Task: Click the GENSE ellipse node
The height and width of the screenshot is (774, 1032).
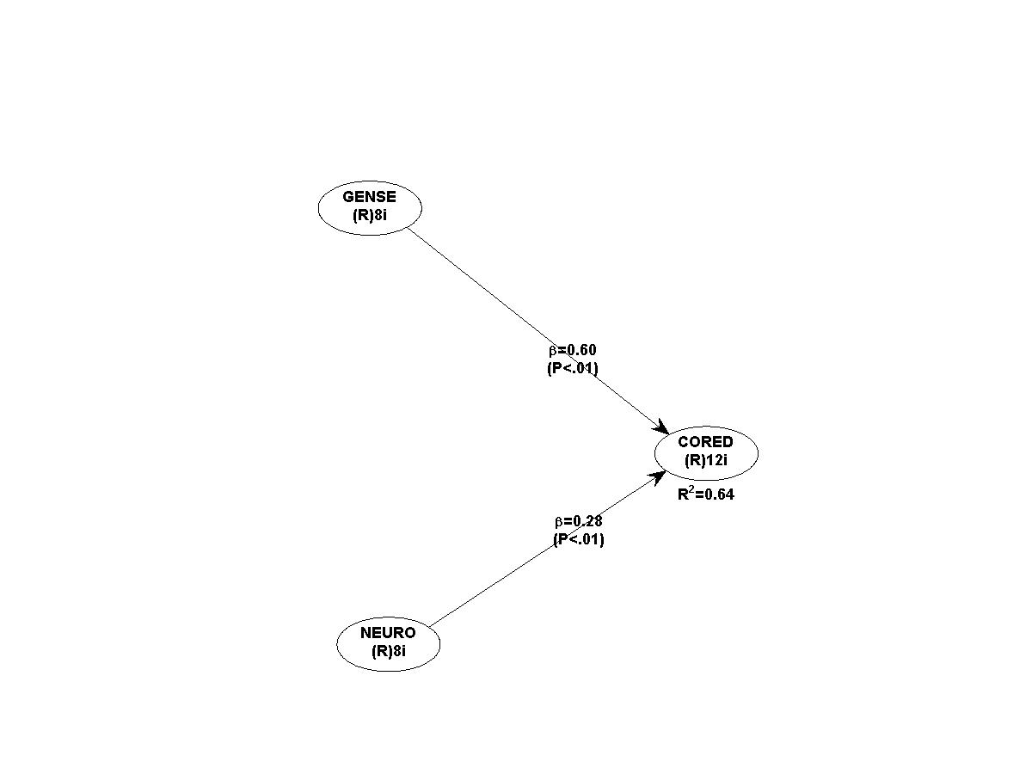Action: coord(370,207)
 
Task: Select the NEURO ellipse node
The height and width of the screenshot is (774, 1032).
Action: coord(388,642)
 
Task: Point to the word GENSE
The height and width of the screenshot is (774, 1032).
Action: coord(370,197)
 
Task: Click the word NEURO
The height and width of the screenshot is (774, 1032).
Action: coord(388,633)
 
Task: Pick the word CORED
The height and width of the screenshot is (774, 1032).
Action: coord(705,442)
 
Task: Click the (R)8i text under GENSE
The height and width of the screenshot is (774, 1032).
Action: coord(370,215)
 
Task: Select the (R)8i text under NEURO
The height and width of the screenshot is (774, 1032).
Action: coord(388,651)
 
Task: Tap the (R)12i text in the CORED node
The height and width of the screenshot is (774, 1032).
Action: coord(706,460)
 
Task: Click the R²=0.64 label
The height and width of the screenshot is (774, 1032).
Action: coord(705,494)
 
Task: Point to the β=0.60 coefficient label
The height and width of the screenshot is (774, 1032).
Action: coord(573,350)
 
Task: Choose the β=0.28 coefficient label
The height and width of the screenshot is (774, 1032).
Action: coord(578,521)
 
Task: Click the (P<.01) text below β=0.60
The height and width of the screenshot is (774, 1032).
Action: coord(573,368)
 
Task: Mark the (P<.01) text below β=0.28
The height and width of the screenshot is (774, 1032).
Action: coord(578,540)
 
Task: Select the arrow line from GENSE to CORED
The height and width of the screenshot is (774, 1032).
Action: coord(482,286)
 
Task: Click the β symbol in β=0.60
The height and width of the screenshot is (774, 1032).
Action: coord(554,351)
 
